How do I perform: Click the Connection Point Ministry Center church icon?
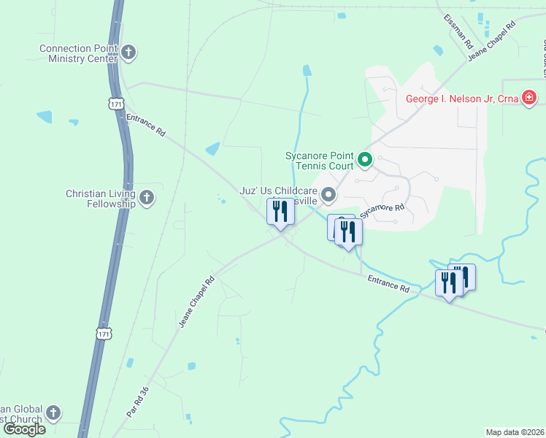coord(128,53)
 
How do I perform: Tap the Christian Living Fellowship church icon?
coord(147,197)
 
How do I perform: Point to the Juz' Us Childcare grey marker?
coord(328,194)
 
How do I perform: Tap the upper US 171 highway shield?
coord(116,104)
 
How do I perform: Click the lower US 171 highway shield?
coord(104,333)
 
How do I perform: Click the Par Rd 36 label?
coord(137,401)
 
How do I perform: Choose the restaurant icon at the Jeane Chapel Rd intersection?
coord(280,212)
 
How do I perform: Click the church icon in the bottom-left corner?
coord(53,413)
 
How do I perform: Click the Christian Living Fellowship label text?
coord(101,199)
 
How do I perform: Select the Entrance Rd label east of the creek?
coord(388,284)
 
